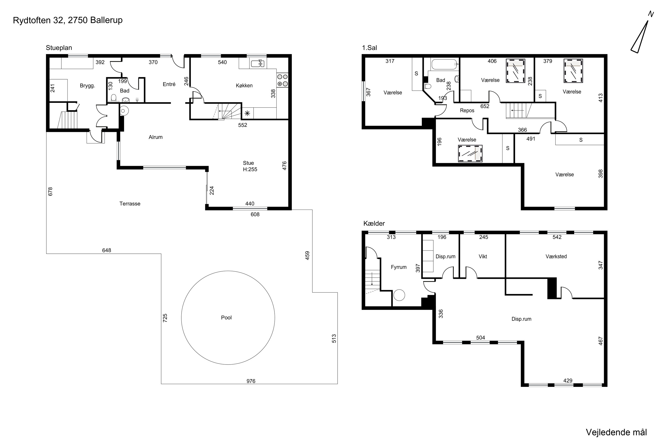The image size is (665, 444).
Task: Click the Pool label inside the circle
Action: [x=226, y=317]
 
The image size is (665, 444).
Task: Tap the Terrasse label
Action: [x=130, y=204]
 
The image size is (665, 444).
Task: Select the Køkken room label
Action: [x=244, y=85]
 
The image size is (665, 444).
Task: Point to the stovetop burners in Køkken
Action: [x=282, y=80]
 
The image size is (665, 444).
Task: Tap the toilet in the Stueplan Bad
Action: [x=114, y=98]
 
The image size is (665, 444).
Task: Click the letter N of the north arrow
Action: [x=651, y=14]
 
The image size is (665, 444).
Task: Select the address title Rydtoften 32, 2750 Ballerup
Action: [x=68, y=20]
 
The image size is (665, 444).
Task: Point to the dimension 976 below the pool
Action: [x=251, y=381]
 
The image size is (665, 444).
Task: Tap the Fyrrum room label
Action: [x=399, y=267]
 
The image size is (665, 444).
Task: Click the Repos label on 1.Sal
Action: [x=467, y=110]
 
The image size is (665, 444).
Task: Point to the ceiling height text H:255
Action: [x=250, y=169]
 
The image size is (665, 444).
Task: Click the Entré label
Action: [x=169, y=84]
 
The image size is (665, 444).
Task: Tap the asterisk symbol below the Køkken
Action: [x=247, y=113]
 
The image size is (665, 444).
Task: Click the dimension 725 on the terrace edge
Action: [x=165, y=318]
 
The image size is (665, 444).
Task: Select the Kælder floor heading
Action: [x=374, y=223]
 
